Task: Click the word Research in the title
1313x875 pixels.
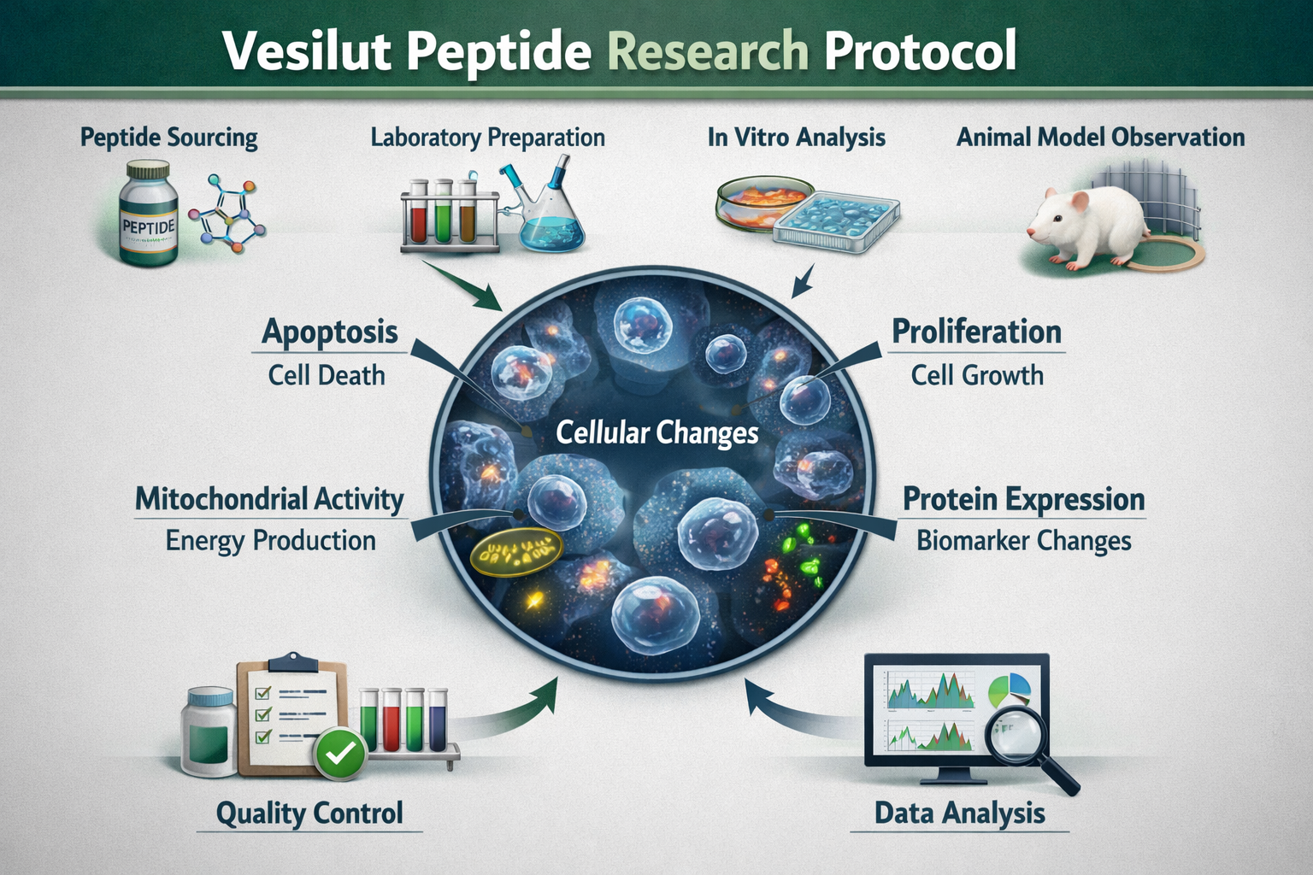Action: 707,51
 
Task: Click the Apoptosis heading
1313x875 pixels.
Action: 330,332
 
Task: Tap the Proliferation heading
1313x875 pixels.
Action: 976,332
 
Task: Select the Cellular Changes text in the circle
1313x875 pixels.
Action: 656,432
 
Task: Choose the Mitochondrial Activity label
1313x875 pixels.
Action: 269,499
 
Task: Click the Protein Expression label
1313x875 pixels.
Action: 1023,499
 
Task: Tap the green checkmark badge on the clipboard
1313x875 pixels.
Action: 340,753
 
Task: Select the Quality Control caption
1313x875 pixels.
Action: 309,813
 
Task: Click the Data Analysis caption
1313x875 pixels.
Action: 959,813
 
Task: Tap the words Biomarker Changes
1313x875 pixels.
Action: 1023,541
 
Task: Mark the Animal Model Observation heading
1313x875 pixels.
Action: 1100,137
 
